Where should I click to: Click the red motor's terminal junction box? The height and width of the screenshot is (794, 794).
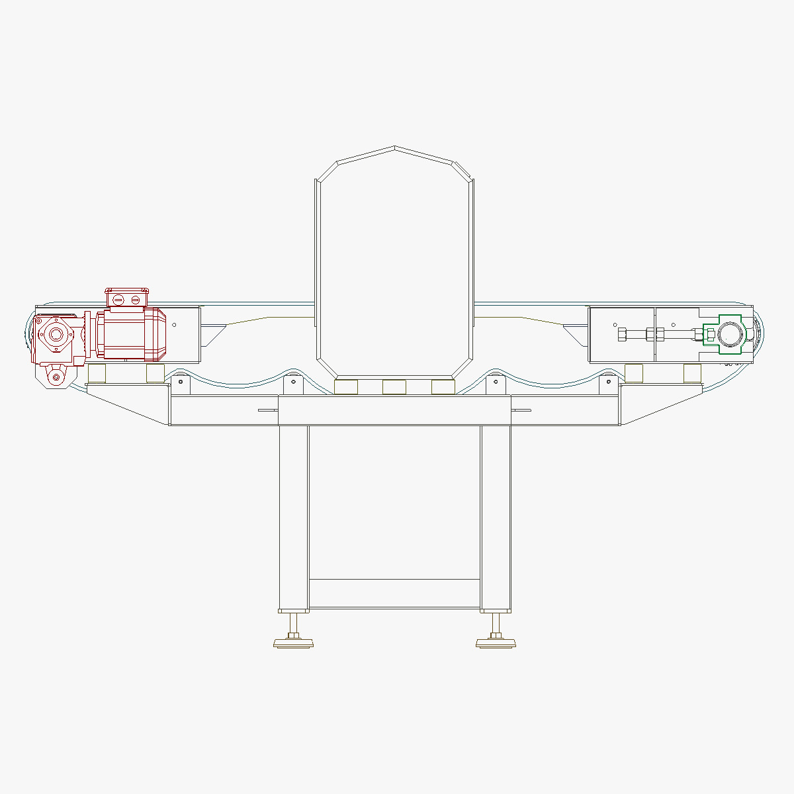[x=126, y=299]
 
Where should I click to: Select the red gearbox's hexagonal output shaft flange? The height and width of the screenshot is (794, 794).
[x=54, y=335]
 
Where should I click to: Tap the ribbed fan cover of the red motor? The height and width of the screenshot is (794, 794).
[x=156, y=335]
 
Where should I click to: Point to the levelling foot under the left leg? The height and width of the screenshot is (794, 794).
[x=294, y=641]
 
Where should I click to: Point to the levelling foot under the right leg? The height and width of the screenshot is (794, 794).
[x=496, y=641]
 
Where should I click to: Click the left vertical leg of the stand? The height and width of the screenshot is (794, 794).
[x=293, y=516]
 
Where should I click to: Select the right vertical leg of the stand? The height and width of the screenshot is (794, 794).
[x=496, y=516]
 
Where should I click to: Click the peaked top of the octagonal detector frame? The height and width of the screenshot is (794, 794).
[x=394, y=148]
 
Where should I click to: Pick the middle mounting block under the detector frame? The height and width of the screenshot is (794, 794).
[x=394, y=387]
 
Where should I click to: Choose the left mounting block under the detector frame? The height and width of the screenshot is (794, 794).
[x=346, y=387]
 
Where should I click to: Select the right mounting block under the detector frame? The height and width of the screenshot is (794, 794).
[x=443, y=387]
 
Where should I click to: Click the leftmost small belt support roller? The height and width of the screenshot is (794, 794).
[x=180, y=381]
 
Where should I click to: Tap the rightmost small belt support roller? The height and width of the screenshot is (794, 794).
[x=609, y=381]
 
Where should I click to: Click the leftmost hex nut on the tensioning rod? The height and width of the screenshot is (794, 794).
[x=623, y=335]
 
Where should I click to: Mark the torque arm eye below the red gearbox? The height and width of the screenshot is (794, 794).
[x=56, y=377]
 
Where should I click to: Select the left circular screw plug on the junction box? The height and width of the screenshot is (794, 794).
[x=118, y=300]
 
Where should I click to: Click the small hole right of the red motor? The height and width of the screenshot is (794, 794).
[x=175, y=324]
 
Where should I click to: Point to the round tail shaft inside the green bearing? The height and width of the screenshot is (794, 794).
[x=728, y=335]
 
